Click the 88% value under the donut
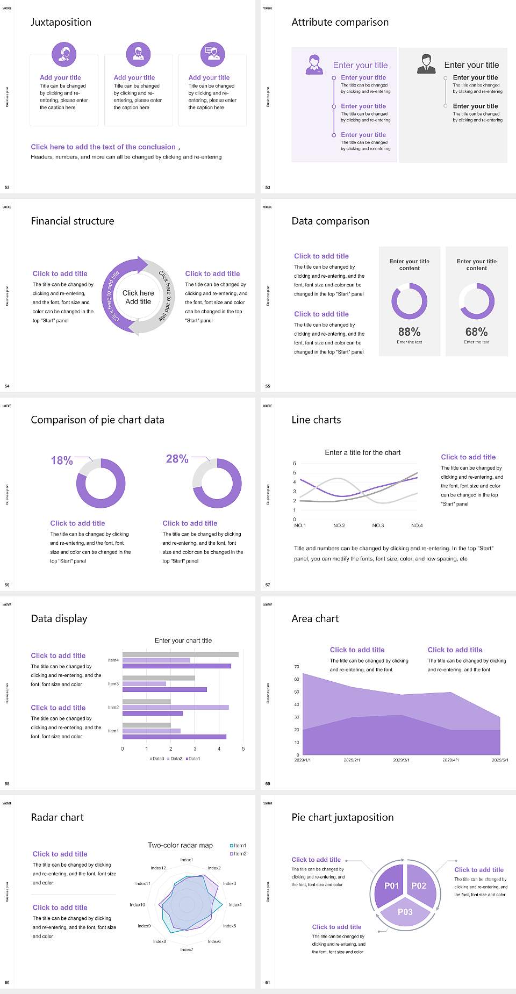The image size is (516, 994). [409, 332]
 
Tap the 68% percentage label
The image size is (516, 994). [476, 332]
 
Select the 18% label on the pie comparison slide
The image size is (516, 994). [62, 460]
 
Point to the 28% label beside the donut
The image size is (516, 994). [177, 459]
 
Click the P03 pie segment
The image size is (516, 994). [405, 912]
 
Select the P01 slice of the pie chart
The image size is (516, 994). [391, 885]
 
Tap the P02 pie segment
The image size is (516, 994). [419, 885]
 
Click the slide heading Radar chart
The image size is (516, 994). [58, 817]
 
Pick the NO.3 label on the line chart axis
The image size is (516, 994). [378, 525]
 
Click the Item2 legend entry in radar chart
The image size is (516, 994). [239, 854]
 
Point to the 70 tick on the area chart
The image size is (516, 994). [297, 667]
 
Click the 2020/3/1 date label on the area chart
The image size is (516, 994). [402, 760]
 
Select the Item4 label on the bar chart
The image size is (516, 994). [113, 660]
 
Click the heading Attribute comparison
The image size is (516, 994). [340, 22]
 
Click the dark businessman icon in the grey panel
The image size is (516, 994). [426, 63]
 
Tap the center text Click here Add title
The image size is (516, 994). [138, 297]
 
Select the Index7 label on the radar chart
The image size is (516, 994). [187, 950]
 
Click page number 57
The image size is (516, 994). [268, 585]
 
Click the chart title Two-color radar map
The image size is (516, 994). [180, 845]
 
